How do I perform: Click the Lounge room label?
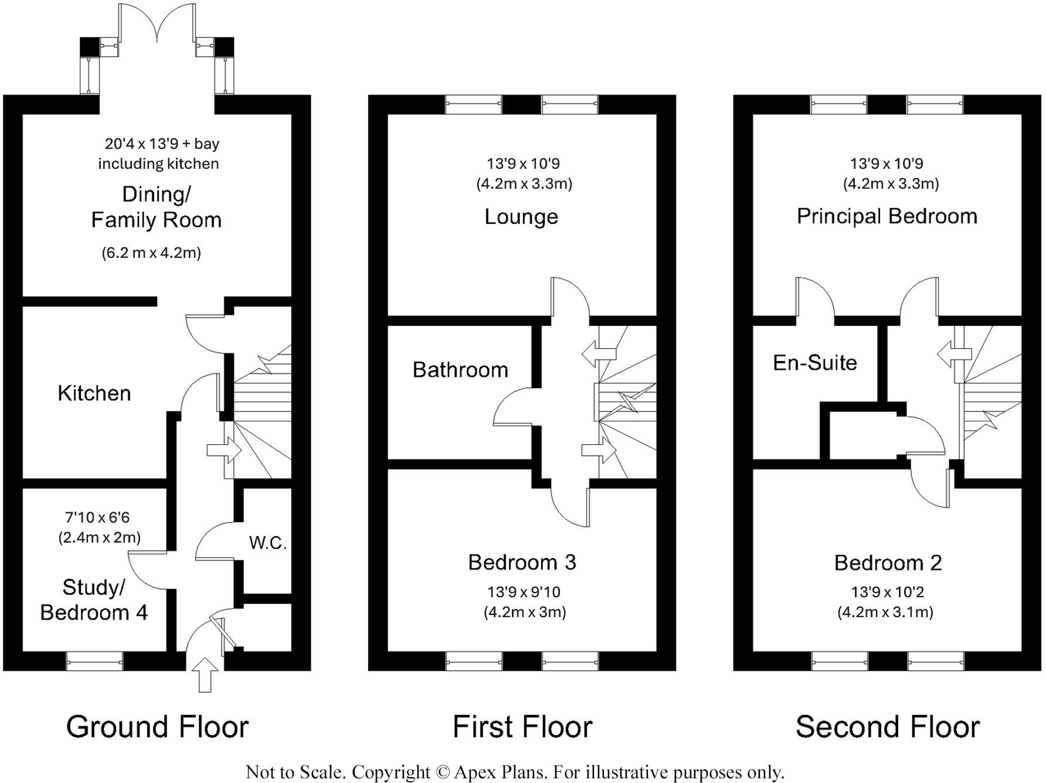(521, 217)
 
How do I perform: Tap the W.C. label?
(267, 543)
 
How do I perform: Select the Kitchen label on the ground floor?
(94, 393)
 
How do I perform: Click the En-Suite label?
(814, 363)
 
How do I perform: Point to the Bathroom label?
(460, 370)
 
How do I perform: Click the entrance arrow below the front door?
(205, 675)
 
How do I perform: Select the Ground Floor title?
(157, 727)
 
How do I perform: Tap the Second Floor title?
(887, 727)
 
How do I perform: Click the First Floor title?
(522, 727)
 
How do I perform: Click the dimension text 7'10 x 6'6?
(97, 518)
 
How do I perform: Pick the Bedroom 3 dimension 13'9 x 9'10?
(524, 592)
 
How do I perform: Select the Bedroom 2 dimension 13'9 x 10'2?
(887, 592)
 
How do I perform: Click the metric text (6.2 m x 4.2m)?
(151, 253)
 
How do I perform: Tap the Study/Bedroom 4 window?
(94, 661)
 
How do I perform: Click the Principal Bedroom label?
(887, 216)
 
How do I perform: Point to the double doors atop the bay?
(157, 23)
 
